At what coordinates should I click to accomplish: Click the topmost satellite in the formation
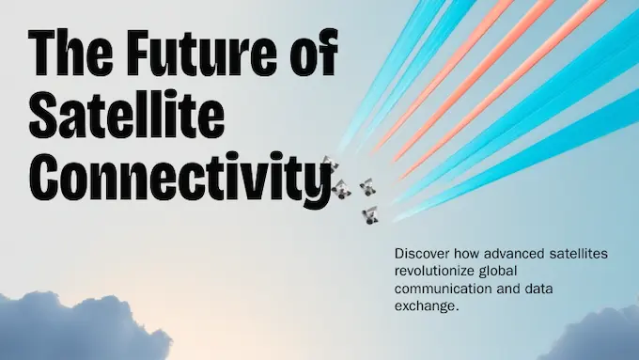tap(328, 164)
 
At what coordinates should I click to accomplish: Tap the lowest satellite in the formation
tap(370, 215)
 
